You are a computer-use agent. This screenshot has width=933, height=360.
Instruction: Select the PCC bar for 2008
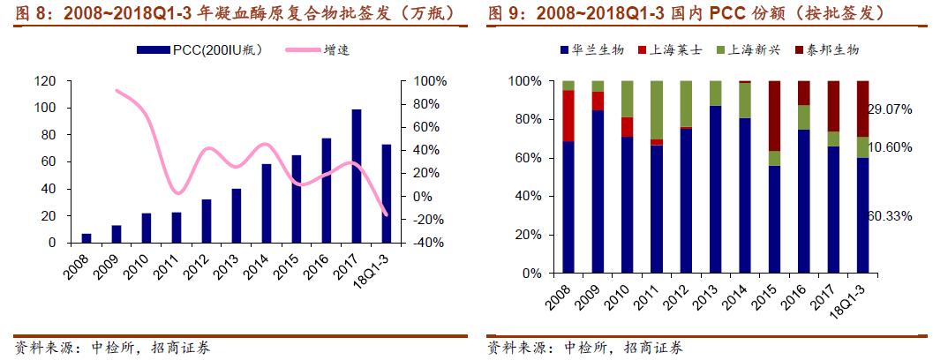coord(87,237)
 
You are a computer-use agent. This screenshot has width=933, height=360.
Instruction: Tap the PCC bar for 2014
coord(267,203)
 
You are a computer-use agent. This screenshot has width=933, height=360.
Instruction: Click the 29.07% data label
coord(890,109)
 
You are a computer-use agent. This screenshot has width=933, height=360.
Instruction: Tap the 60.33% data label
coord(890,216)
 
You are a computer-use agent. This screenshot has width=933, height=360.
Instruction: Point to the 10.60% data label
coord(890,147)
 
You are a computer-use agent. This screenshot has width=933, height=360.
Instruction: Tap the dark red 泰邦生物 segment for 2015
coord(774,116)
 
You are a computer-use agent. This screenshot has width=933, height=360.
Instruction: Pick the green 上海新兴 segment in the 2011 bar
coord(657,110)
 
